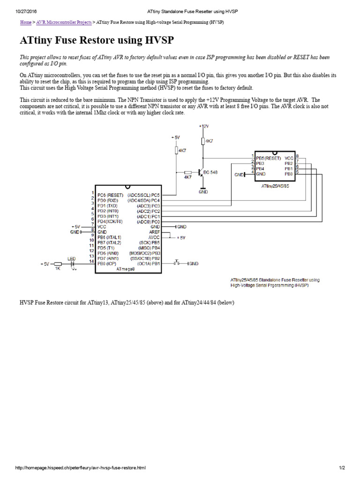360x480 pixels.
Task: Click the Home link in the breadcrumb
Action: [x=26, y=22]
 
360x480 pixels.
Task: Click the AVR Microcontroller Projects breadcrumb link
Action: [x=64, y=22]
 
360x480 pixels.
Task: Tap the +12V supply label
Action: [x=203, y=127]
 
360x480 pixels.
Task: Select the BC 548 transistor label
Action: [x=210, y=172]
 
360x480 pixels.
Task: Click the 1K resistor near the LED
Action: [x=58, y=269]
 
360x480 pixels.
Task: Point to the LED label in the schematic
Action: [x=71, y=258]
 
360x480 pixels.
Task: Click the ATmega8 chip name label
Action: [x=126, y=269]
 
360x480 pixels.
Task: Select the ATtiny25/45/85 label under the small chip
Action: [x=275, y=186]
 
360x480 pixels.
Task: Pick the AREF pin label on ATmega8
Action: [x=155, y=232]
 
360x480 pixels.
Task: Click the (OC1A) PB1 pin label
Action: [x=150, y=263]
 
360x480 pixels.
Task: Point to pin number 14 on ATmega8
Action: [x=92, y=261]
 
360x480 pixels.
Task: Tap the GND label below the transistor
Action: [x=203, y=192]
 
